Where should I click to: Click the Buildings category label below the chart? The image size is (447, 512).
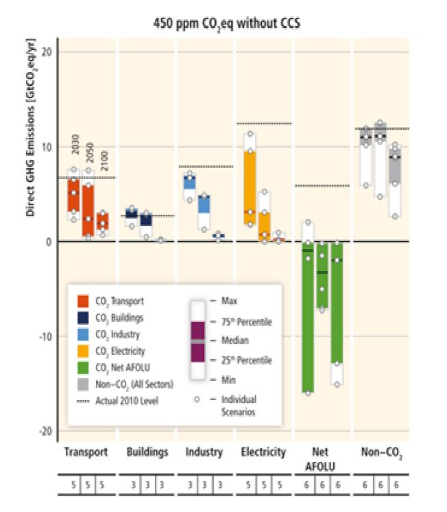(147, 452)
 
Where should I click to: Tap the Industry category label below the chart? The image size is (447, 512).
(204, 452)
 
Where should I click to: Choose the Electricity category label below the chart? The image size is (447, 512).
(263, 452)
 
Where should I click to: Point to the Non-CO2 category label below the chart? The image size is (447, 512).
(381, 452)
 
